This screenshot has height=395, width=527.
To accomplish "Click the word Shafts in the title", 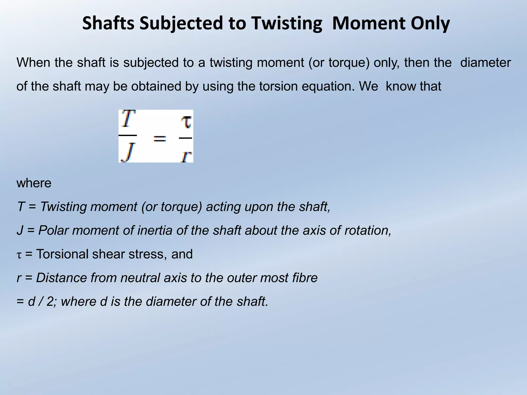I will [108, 23].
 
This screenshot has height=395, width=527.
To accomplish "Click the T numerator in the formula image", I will [128, 119].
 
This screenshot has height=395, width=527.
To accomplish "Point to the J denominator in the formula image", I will [128, 152].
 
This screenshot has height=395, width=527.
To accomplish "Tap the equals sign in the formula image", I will [160, 139].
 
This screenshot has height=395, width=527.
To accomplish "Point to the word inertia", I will [155, 230].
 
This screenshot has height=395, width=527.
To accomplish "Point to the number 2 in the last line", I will [50, 301].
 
